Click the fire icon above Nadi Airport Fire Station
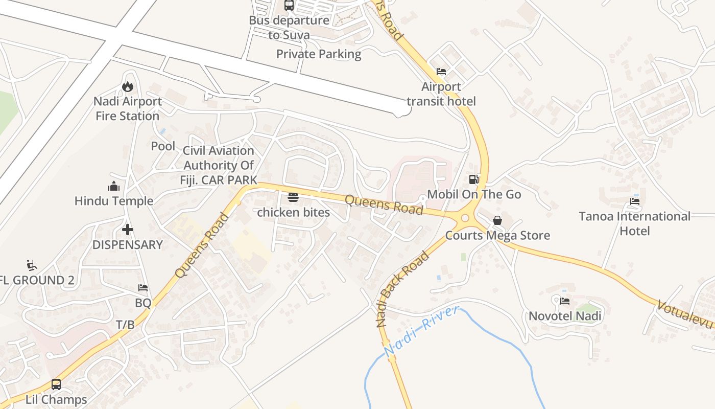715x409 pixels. coord(127,86)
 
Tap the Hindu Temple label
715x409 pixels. coord(114,201)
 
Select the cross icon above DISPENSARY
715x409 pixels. coord(127,230)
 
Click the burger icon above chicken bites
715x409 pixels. coord(293,197)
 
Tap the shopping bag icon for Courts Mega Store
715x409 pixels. coord(497,220)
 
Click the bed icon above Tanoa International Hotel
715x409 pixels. coord(635,201)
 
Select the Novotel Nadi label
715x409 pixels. coord(565,316)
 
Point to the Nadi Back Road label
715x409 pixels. coord(401,289)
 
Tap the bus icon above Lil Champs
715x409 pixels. coord(56,384)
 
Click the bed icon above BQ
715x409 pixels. coord(143,288)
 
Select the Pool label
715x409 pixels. coord(163,146)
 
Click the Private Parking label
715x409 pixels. coord(319,54)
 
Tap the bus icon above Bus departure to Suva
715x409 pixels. coord(289,6)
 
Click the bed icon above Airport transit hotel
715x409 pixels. coord(441,72)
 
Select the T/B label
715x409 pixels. coord(125,325)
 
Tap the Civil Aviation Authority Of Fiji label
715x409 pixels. coord(219,165)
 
